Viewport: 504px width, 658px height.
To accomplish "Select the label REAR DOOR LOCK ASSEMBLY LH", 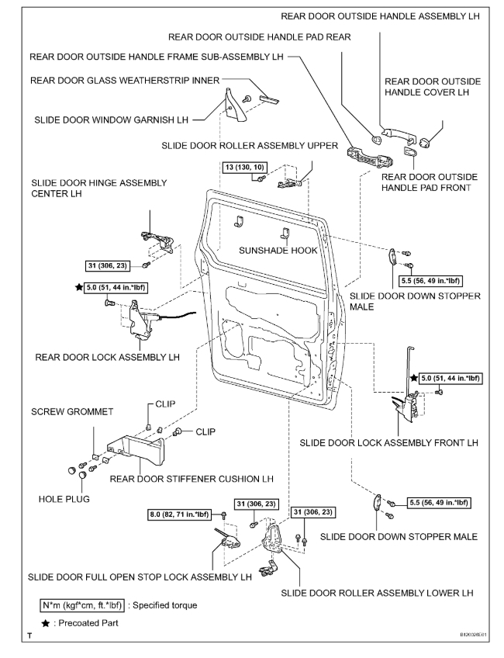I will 108,358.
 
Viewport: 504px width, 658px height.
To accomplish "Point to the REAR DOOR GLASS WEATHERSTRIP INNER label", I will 126,79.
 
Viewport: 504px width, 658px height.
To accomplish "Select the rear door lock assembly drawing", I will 143,319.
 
